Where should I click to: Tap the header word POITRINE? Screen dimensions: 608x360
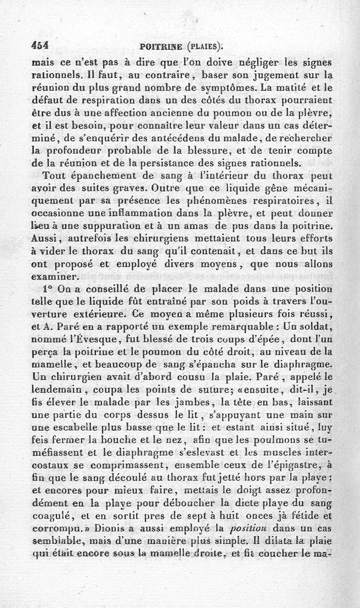coord(161,46)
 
